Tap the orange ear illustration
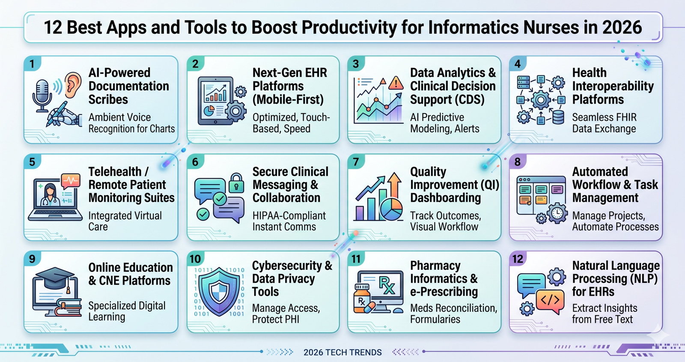(x=73, y=85)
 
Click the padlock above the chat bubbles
(x=236, y=182)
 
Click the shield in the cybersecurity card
(x=219, y=292)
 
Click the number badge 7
(x=356, y=162)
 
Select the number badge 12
(x=518, y=259)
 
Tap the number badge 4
(x=518, y=64)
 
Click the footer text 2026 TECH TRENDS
(x=342, y=353)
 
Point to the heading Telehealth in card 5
(x=115, y=172)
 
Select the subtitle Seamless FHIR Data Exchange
(x=604, y=123)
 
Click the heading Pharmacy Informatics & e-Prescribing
(x=444, y=278)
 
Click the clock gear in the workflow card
(x=557, y=212)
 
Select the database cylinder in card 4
(x=558, y=117)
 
